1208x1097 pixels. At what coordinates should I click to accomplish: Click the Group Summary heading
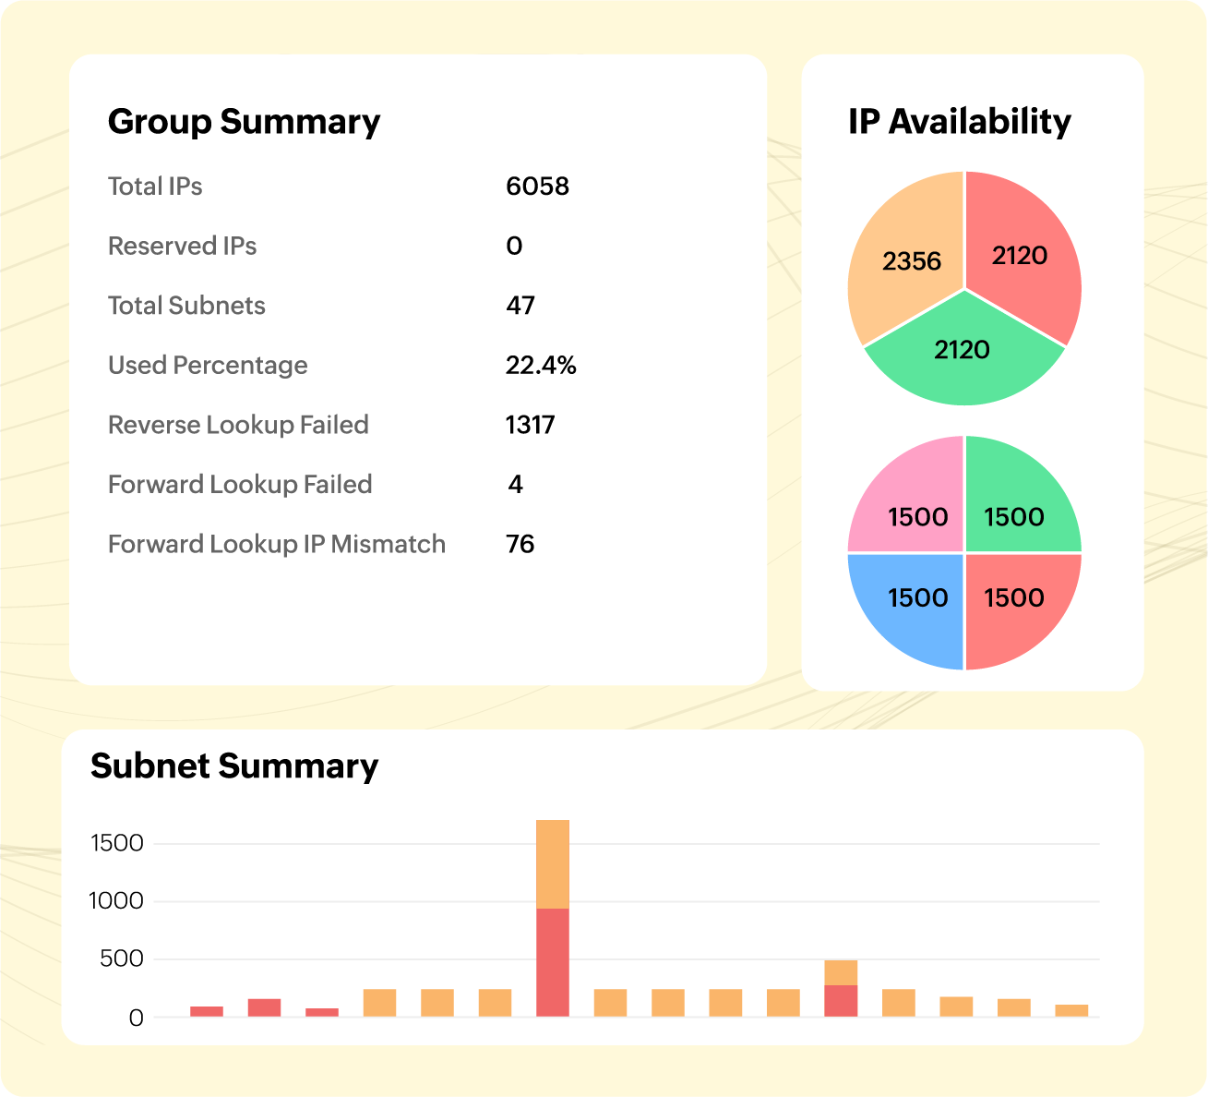click(x=244, y=122)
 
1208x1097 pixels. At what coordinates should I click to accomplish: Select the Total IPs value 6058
click(x=537, y=187)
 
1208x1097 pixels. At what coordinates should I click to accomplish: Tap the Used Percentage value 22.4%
click(x=541, y=366)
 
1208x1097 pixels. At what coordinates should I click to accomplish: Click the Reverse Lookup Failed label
click(x=238, y=425)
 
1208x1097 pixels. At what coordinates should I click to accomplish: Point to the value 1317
click(x=530, y=425)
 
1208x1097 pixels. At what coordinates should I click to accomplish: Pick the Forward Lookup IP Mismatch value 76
click(x=520, y=544)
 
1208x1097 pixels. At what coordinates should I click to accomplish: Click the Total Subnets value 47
click(x=520, y=306)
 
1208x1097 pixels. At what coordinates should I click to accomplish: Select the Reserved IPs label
click(x=182, y=247)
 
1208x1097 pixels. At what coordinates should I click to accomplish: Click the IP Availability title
click(x=960, y=122)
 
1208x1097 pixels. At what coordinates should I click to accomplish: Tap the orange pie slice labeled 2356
click(x=900, y=249)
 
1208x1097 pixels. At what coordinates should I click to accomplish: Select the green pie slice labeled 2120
click(x=963, y=365)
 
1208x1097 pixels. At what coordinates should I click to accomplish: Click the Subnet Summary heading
click(x=234, y=766)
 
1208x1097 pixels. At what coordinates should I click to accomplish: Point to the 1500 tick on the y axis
click(x=117, y=843)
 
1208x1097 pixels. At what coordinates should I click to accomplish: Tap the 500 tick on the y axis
click(x=122, y=959)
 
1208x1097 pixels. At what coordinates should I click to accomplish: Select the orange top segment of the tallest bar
click(x=552, y=863)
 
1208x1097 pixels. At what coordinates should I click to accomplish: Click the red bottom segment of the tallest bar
click(x=552, y=962)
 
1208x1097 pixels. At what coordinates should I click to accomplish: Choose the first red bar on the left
click(x=207, y=1011)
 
